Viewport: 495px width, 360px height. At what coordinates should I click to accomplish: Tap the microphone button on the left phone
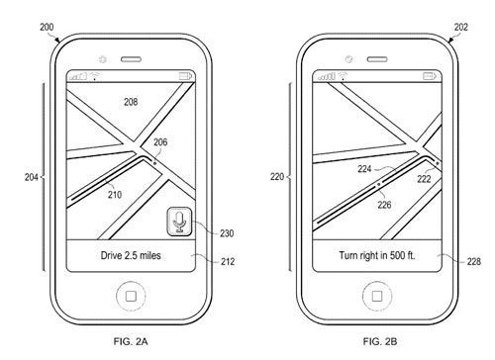tap(179, 222)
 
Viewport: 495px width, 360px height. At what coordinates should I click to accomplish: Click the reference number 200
tap(47, 27)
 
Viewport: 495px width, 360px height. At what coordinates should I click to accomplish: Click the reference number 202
tap(460, 27)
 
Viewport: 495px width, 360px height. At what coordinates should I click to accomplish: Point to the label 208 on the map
tap(131, 102)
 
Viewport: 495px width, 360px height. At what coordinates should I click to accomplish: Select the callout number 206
tap(160, 142)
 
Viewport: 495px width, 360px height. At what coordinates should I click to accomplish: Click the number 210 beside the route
tap(115, 195)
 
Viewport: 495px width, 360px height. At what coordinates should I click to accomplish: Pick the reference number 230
tap(227, 233)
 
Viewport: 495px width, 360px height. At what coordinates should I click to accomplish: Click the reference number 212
tap(228, 261)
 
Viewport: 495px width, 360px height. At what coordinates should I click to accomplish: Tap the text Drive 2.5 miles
tap(131, 255)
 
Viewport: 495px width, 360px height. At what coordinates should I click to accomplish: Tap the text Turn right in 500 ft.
tap(377, 255)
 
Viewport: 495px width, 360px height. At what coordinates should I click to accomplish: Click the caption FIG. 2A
tap(131, 341)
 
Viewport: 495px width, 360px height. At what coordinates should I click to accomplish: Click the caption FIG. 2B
tap(380, 341)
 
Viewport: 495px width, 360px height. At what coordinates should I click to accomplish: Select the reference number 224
tap(364, 169)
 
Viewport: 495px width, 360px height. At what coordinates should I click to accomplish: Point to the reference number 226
tap(384, 205)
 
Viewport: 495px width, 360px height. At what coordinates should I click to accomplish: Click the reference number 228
tap(474, 261)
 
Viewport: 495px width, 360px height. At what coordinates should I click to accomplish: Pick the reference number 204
tap(32, 177)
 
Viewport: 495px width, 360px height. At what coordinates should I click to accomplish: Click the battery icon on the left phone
tap(185, 76)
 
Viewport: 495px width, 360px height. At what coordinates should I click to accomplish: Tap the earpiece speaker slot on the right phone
tap(377, 59)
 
